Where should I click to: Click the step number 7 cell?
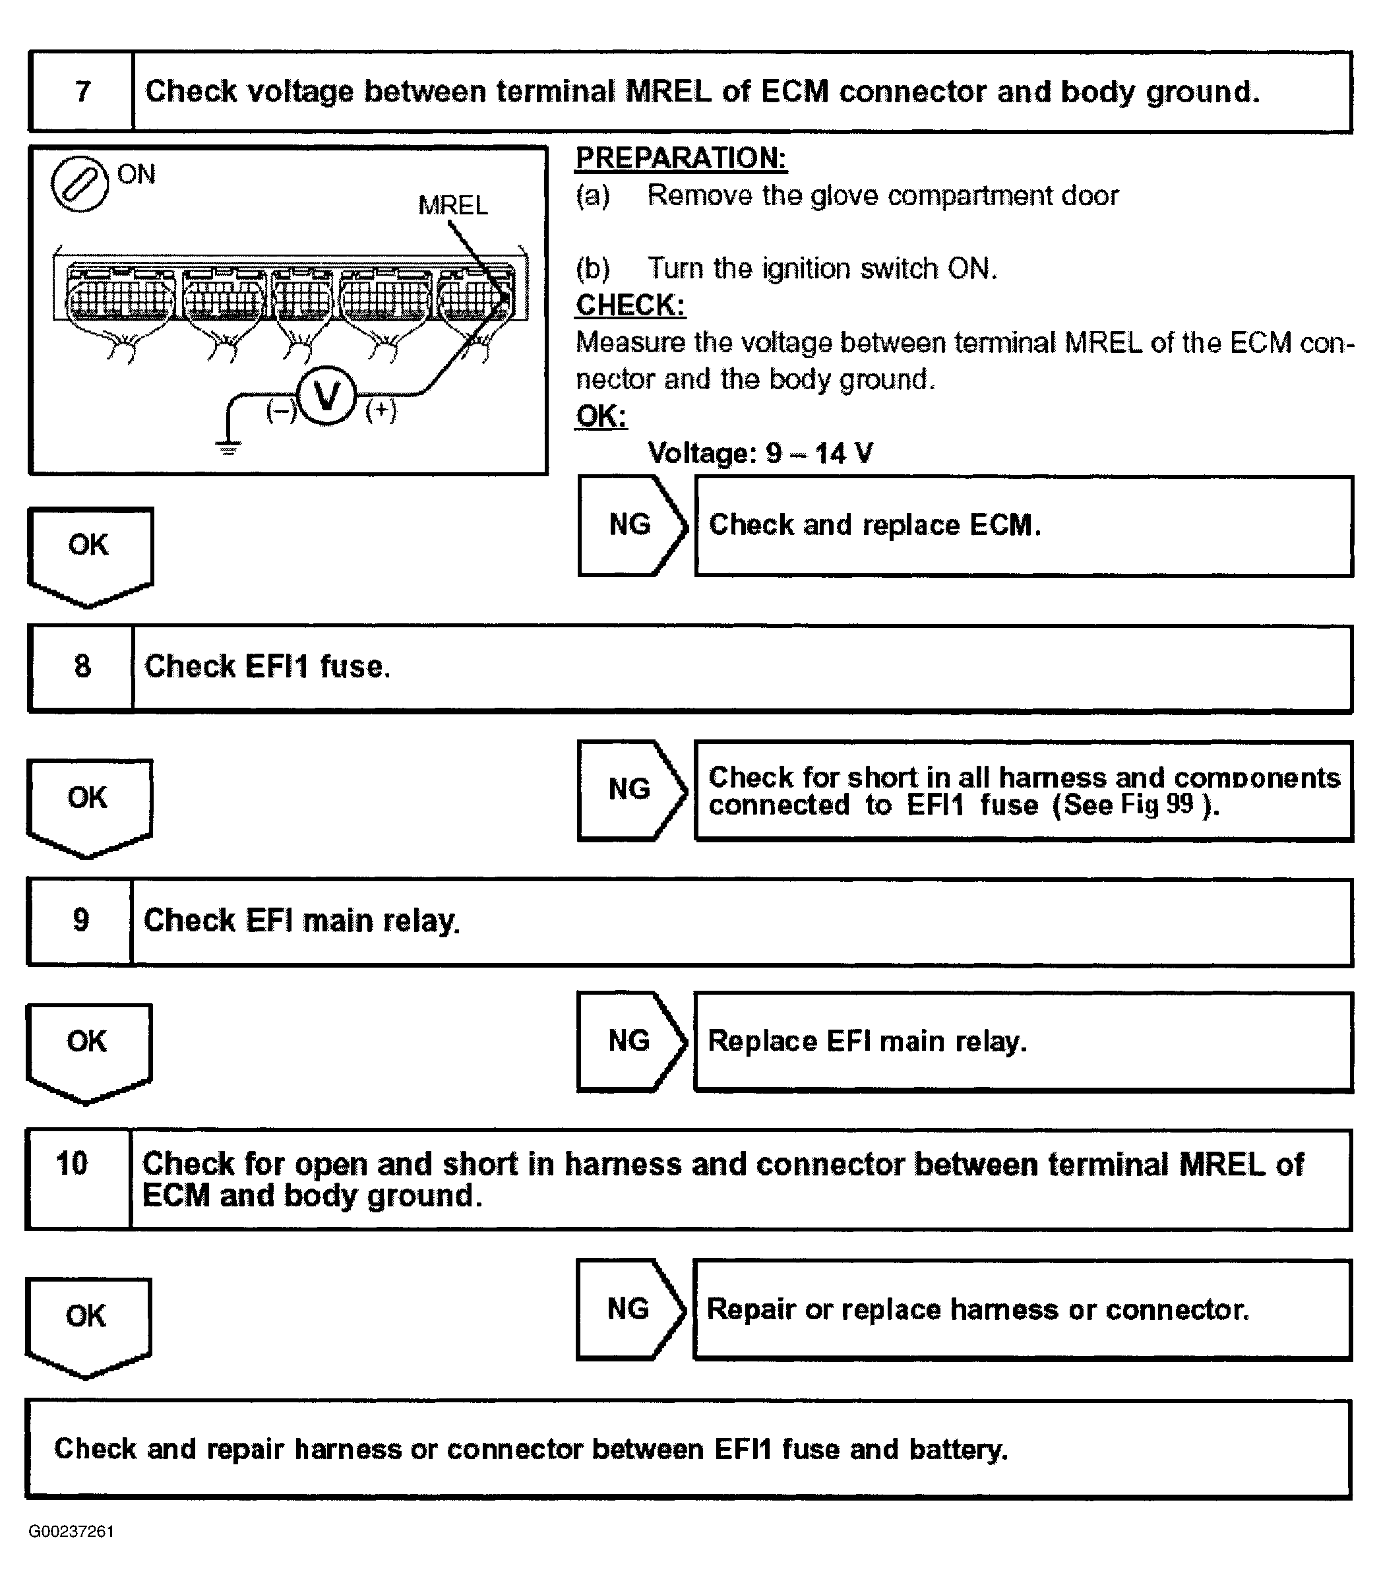[x=82, y=92]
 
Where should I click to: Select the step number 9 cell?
[x=80, y=921]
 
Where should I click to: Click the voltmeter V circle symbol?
[x=327, y=396]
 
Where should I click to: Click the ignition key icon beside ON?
[x=79, y=184]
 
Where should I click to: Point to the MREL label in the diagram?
[x=452, y=206]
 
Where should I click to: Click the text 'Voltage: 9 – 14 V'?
[x=760, y=453]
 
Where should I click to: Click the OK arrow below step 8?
[x=88, y=804]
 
